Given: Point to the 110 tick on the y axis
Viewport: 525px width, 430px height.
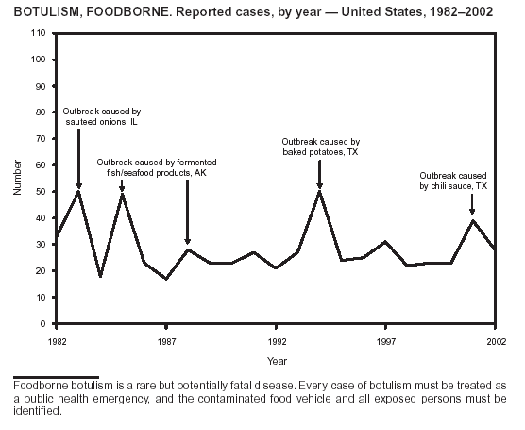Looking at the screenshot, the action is (38, 33).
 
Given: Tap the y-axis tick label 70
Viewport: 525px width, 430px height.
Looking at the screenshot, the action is (41, 138).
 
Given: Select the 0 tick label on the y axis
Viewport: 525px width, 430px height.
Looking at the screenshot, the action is (42, 324).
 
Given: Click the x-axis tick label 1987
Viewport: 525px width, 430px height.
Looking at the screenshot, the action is (166, 342).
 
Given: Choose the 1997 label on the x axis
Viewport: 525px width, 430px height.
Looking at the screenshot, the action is (385, 342).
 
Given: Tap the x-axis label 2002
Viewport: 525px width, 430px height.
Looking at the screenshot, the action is (497, 342).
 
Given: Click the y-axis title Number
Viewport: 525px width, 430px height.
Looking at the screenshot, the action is (17, 178).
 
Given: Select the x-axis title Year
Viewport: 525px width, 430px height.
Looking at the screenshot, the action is (277, 361).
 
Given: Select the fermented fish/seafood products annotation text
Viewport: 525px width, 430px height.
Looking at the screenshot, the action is (157, 167).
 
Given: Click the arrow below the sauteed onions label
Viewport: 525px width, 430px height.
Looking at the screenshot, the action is (78, 159).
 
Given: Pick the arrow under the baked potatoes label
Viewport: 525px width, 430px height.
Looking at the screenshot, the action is (320, 174).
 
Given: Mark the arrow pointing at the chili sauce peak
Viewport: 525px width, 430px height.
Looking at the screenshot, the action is (472, 204).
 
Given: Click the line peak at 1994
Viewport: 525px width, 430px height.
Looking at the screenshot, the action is (320, 191).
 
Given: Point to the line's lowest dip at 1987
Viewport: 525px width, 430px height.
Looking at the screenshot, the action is (166, 279).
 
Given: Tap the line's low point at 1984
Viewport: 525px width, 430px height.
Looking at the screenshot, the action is (100, 275).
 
